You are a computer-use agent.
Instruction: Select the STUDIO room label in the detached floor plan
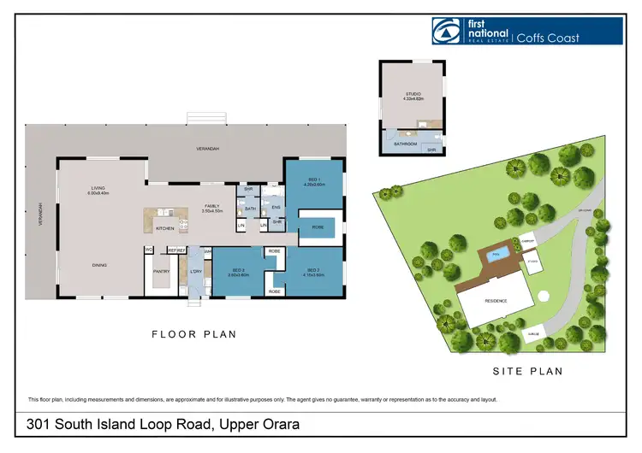point(413,95)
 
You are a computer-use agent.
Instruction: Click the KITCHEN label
point(165,228)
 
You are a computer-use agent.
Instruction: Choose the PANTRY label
point(162,271)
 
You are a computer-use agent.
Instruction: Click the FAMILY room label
point(212,206)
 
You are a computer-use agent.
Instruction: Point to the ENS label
point(276,206)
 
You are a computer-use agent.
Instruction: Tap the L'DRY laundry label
point(196,271)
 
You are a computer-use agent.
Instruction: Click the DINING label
point(99,265)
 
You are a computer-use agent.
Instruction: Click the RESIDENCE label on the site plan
point(496,301)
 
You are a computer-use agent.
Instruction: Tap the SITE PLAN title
point(527,371)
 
